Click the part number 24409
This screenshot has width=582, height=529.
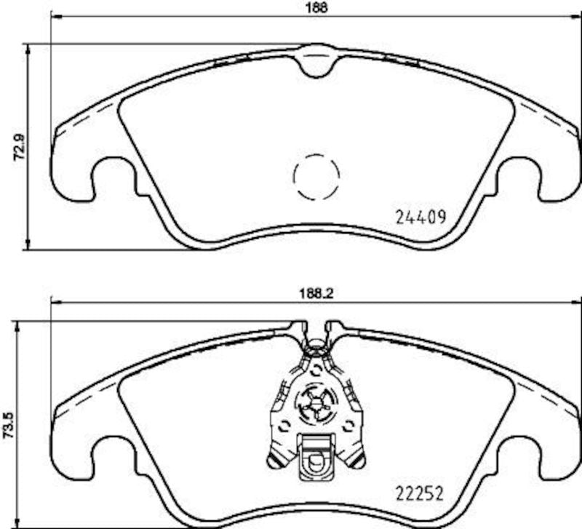(x=419, y=216)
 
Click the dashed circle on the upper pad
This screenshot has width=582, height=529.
(x=316, y=176)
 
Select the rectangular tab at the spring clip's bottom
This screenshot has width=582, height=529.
(x=316, y=452)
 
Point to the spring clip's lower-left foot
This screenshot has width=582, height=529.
(x=276, y=458)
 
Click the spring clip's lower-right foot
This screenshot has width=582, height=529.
(x=356, y=458)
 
